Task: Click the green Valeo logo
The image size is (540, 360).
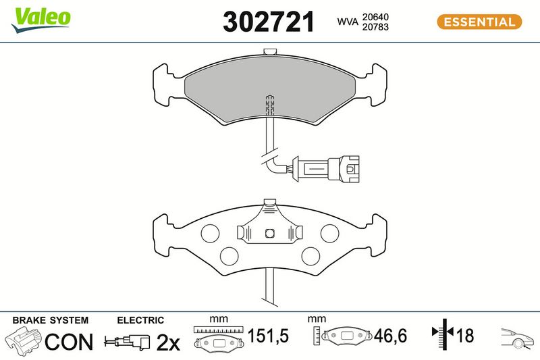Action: click(40, 20)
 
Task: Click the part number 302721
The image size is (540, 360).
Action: click(269, 22)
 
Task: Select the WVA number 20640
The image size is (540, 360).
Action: click(375, 17)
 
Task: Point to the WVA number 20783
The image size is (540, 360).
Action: click(375, 27)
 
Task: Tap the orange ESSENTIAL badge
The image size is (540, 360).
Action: click(479, 22)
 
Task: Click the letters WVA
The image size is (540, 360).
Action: click(348, 22)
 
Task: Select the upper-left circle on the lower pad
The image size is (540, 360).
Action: click(210, 233)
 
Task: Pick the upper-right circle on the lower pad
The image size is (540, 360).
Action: click(329, 233)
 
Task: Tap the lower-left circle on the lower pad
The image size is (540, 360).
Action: click(229, 256)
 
